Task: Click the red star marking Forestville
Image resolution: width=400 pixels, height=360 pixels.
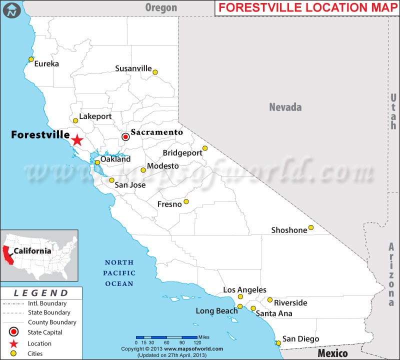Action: pyautogui.click(x=76, y=140)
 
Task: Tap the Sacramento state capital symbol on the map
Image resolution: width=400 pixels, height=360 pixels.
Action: pyautogui.click(x=125, y=136)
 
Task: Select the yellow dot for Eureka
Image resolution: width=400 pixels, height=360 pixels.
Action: pyautogui.click(x=31, y=59)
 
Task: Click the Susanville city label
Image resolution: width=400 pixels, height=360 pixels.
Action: pyautogui.click(x=133, y=68)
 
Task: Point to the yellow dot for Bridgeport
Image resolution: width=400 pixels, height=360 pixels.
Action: pyautogui.click(x=205, y=148)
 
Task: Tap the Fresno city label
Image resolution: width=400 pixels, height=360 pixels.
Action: pyautogui.click(x=169, y=204)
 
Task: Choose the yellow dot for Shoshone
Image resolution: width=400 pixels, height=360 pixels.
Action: pyautogui.click(x=311, y=227)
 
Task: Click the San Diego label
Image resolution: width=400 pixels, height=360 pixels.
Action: pyautogui.click(x=300, y=339)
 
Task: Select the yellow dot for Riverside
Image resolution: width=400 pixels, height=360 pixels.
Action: pyautogui.click(x=270, y=300)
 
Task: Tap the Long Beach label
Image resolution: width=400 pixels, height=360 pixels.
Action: pyautogui.click(x=216, y=311)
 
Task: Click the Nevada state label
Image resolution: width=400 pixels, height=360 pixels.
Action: pyautogui.click(x=285, y=107)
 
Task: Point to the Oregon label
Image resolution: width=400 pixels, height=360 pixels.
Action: pyautogui.click(x=161, y=7)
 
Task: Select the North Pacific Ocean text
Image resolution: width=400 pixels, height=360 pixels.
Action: pyautogui.click(x=119, y=273)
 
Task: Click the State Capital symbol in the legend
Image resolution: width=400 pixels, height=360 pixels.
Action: pyautogui.click(x=14, y=332)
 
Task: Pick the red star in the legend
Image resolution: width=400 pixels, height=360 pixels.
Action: pyautogui.click(x=14, y=343)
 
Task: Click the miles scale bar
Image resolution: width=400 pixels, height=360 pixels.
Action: pyautogui.click(x=166, y=337)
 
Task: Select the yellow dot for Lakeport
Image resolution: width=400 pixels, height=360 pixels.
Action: pyautogui.click(x=75, y=120)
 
